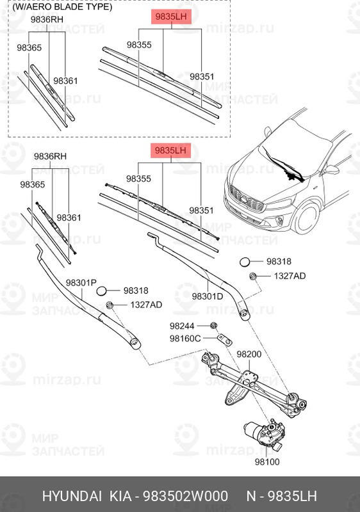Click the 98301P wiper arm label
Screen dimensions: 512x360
[81, 282]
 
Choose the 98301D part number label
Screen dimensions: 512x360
[207, 296]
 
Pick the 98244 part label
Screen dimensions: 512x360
[182, 326]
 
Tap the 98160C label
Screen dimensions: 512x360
[185, 338]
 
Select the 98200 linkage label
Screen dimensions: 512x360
[249, 354]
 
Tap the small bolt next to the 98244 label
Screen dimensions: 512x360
[212, 326]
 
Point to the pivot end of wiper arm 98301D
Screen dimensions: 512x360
[243, 313]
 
